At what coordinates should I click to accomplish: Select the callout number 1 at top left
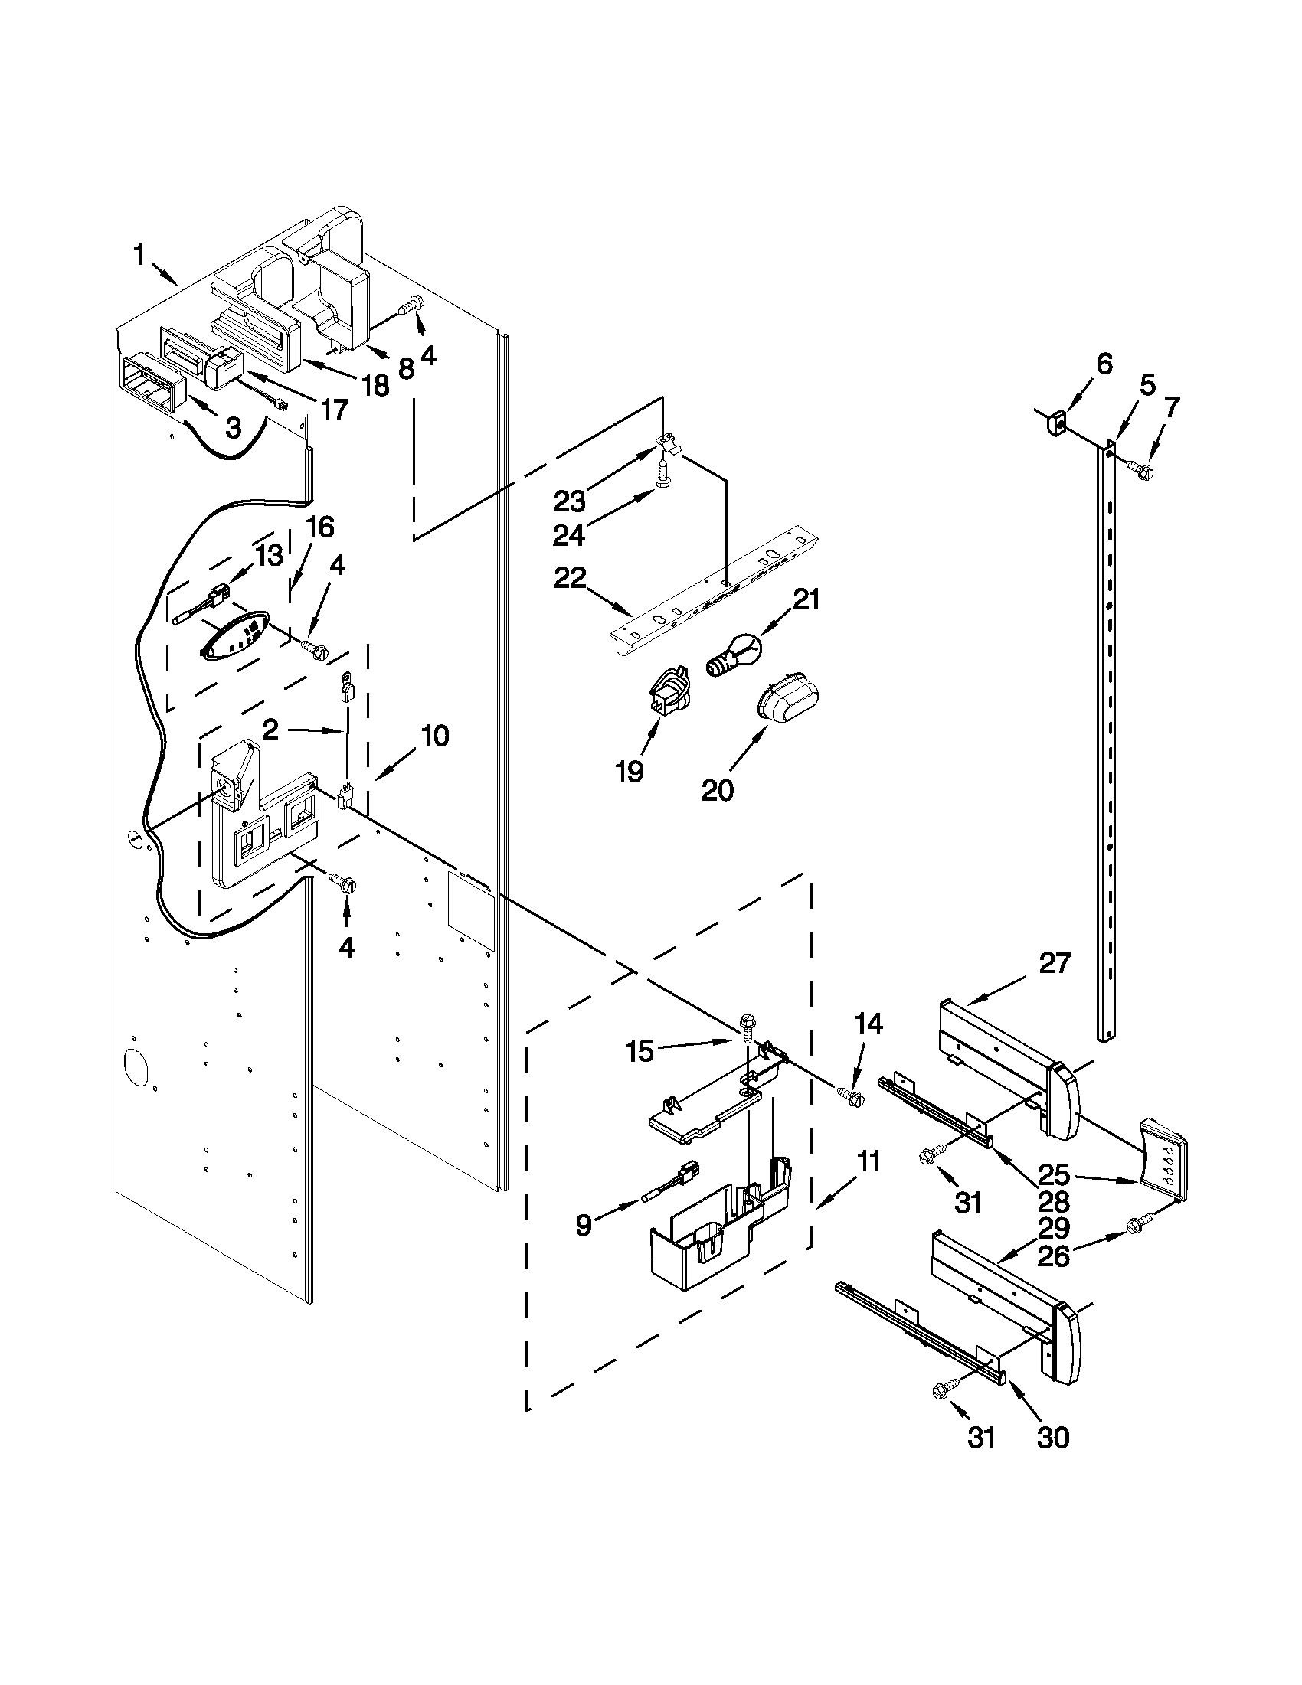(139, 256)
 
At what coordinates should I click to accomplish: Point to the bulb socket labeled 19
(669, 688)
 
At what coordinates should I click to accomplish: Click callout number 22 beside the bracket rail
(570, 578)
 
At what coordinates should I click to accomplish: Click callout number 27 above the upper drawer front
(1055, 964)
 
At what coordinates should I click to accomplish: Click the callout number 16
(319, 527)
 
